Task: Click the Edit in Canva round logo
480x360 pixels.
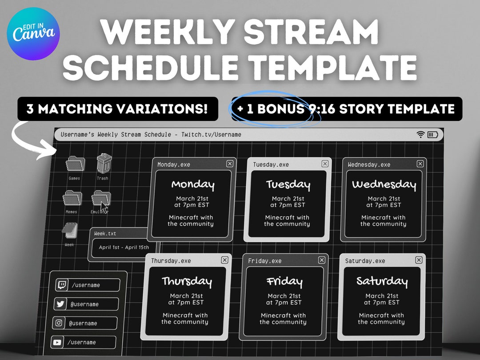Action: click(33, 34)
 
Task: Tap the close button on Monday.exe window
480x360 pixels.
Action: click(230, 164)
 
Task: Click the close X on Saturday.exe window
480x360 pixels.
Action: click(419, 260)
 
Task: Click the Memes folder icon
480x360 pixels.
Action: click(72, 198)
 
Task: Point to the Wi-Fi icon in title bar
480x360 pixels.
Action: click(420, 135)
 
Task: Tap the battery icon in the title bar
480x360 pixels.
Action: click(432, 135)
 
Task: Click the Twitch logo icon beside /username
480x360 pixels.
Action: click(62, 285)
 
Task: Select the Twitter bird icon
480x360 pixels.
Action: click(60, 304)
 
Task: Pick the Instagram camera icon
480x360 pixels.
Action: click(59, 323)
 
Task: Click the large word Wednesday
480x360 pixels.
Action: click(384, 184)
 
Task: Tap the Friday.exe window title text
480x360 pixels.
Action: click(264, 261)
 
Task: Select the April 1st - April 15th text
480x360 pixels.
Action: click(124, 248)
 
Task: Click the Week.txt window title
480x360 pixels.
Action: click(105, 233)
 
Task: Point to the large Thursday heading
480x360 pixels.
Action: click(187, 281)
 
